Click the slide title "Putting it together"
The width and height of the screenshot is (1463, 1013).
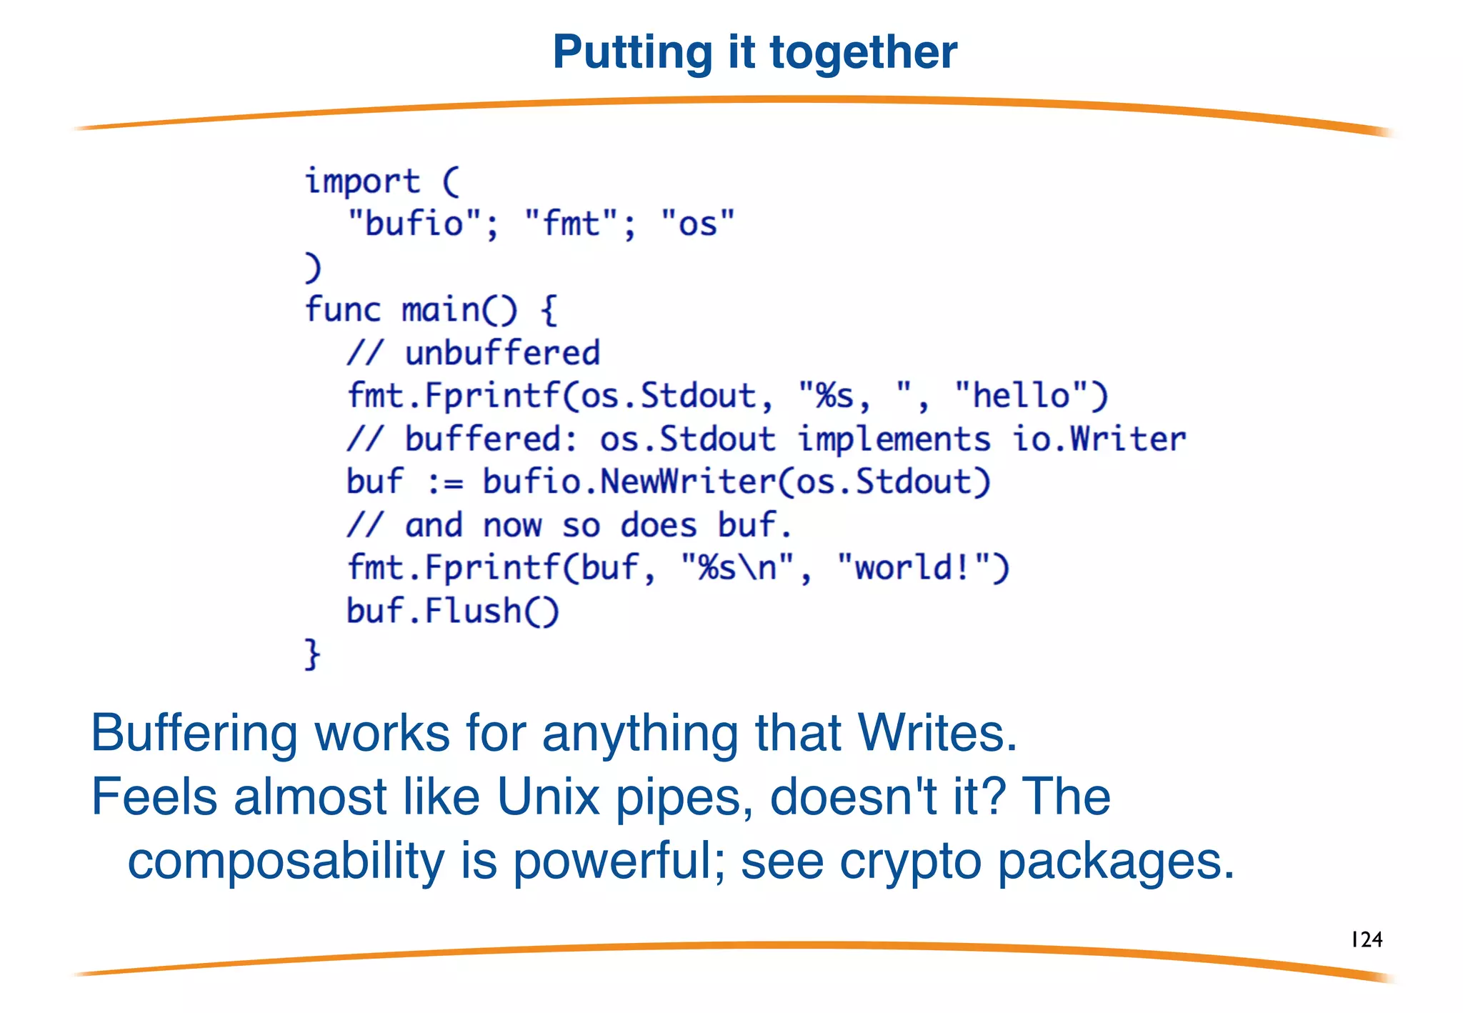[x=754, y=52]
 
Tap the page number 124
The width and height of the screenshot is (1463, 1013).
[x=1367, y=939]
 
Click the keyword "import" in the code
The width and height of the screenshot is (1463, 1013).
[x=362, y=181]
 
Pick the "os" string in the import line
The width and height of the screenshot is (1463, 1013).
[x=697, y=224]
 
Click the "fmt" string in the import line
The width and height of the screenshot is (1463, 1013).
[x=571, y=224]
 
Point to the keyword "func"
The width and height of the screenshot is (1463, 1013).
[x=343, y=310]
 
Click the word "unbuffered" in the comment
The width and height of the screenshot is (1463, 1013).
[x=502, y=353]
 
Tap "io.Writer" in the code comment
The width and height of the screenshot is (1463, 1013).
[x=1099, y=439]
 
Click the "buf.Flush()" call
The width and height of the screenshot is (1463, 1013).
[x=452, y=611]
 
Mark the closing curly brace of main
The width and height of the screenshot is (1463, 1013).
[x=312, y=654]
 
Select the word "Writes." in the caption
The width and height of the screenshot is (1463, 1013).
[x=937, y=733]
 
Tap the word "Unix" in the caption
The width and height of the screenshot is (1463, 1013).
[x=548, y=797]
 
